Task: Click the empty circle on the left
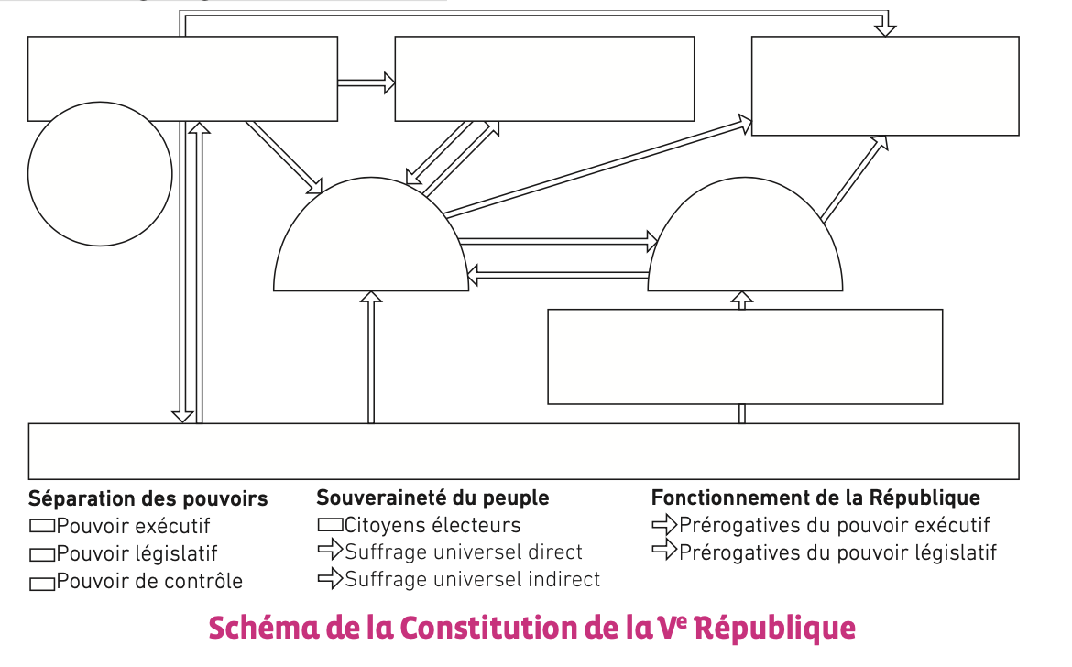pyautogui.click(x=100, y=174)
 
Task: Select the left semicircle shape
pyautogui.click(x=371, y=243)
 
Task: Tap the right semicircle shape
pyautogui.click(x=745, y=243)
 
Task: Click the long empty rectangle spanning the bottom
pyautogui.click(x=523, y=451)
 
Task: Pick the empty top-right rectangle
pyautogui.click(x=885, y=86)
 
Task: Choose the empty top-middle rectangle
pyautogui.click(x=544, y=79)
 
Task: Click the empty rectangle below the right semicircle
pyautogui.click(x=745, y=356)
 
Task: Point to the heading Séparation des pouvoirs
pyautogui.click(x=148, y=499)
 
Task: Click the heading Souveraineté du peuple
pyautogui.click(x=432, y=498)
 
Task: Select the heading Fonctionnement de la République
pyautogui.click(x=815, y=498)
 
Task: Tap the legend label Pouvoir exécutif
pyautogui.click(x=133, y=527)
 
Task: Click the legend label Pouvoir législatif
pyautogui.click(x=137, y=554)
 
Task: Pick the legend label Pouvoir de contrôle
pyautogui.click(x=149, y=581)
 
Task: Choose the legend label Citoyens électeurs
pyautogui.click(x=432, y=526)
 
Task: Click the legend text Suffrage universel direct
pyautogui.click(x=464, y=552)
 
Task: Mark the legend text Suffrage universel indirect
pyautogui.click(x=472, y=580)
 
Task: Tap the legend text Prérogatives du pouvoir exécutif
pyautogui.click(x=834, y=526)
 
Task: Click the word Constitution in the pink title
pyautogui.click(x=488, y=629)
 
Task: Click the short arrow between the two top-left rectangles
pyautogui.click(x=366, y=83)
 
